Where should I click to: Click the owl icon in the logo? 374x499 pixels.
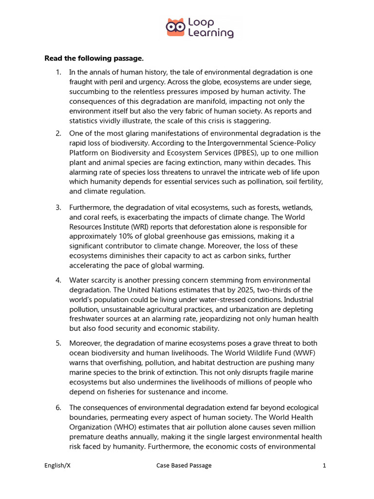click(x=175, y=28)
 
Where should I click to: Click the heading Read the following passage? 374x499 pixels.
click(x=94, y=58)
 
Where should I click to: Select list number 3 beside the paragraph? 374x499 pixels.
click(x=58, y=207)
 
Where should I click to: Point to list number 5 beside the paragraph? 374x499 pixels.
click(x=58, y=344)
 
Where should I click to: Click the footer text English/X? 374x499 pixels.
click(x=57, y=465)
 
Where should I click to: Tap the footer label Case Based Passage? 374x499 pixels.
click(x=184, y=465)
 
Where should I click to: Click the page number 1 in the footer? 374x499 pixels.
click(x=324, y=465)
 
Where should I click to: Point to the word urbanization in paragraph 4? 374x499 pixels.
click(x=265, y=309)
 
